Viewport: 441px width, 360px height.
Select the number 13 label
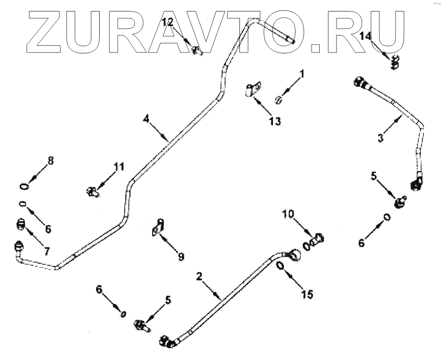[275, 121]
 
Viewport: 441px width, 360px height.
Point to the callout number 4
[146, 118]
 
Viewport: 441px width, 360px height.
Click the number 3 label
[380, 137]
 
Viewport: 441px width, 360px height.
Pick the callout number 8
[51, 161]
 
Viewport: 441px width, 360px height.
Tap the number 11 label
[119, 167]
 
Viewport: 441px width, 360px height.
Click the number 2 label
[199, 277]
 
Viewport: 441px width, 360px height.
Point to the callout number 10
[288, 214]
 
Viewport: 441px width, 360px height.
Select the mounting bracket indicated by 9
[158, 228]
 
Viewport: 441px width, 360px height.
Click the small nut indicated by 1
[278, 99]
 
